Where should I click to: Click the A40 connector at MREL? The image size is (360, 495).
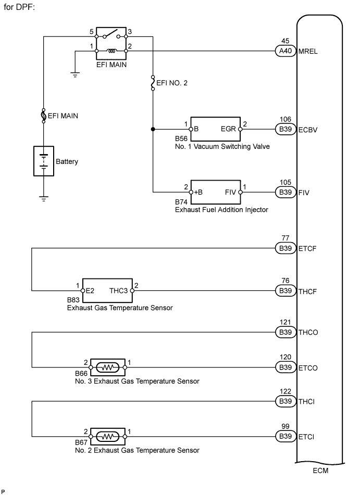(285, 51)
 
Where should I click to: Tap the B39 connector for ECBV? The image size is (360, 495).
(285, 130)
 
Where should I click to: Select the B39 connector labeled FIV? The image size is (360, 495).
(285, 192)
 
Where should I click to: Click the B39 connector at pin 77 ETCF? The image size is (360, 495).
(285, 248)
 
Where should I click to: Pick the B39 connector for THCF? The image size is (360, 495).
(285, 290)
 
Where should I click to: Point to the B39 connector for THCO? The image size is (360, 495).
(285, 332)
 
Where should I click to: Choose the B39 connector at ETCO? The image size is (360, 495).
(285, 367)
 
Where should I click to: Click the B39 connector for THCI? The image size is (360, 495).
(285, 401)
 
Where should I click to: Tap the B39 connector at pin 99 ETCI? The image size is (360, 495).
(285, 436)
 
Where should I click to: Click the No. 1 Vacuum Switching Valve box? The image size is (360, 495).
(215, 129)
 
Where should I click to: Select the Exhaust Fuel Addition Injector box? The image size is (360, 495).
(215, 192)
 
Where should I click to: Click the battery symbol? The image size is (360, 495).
(44, 161)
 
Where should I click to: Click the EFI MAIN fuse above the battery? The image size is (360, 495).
(44, 116)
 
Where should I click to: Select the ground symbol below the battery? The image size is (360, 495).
(44, 198)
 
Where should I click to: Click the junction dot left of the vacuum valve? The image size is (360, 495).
(153, 130)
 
